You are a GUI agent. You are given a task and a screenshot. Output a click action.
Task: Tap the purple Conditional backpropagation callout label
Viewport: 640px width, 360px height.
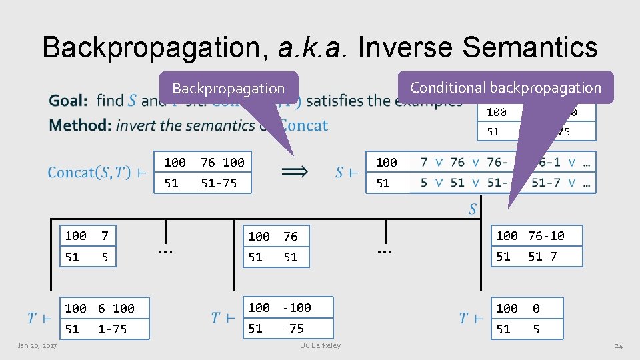(x=505, y=87)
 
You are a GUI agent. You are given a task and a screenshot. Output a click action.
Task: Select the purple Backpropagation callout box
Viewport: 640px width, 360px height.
(x=228, y=88)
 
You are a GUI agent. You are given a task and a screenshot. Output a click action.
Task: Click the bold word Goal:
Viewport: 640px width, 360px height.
(x=68, y=101)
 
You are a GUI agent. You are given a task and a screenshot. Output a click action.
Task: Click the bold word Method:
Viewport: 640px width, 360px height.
(x=79, y=125)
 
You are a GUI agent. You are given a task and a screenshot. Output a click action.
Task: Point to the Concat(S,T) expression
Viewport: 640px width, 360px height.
(x=89, y=173)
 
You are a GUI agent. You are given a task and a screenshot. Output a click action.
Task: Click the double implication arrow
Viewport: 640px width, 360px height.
(x=295, y=172)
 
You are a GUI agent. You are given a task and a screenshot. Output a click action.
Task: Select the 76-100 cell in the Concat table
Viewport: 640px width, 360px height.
(x=223, y=162)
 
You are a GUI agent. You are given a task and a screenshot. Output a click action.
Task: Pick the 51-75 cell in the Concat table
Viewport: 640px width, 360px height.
(x=219, y=183)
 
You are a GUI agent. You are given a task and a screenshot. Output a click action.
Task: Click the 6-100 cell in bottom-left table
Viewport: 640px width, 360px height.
(x=116, y=308)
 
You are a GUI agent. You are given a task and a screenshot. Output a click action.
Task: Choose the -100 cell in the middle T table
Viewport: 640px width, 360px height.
(x=297, y=307)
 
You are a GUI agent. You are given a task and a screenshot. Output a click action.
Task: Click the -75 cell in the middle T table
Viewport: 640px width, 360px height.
(x=293, y=328)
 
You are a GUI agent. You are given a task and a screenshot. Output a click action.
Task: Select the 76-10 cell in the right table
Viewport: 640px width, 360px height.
(x=546, y=235)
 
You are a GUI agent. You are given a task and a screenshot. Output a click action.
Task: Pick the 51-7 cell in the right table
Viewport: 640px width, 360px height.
(x=542, y=256)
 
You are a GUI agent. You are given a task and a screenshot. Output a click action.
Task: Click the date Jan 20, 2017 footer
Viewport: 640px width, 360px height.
(x=37, y=345)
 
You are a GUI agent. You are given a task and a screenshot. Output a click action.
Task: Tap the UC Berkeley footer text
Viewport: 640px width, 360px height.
(x=320, y=345)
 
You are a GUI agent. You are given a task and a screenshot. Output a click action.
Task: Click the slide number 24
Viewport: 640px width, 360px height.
(x=619, y=345)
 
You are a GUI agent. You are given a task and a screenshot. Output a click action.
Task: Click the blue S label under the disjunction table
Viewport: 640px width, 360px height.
(x=473, y=209)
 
